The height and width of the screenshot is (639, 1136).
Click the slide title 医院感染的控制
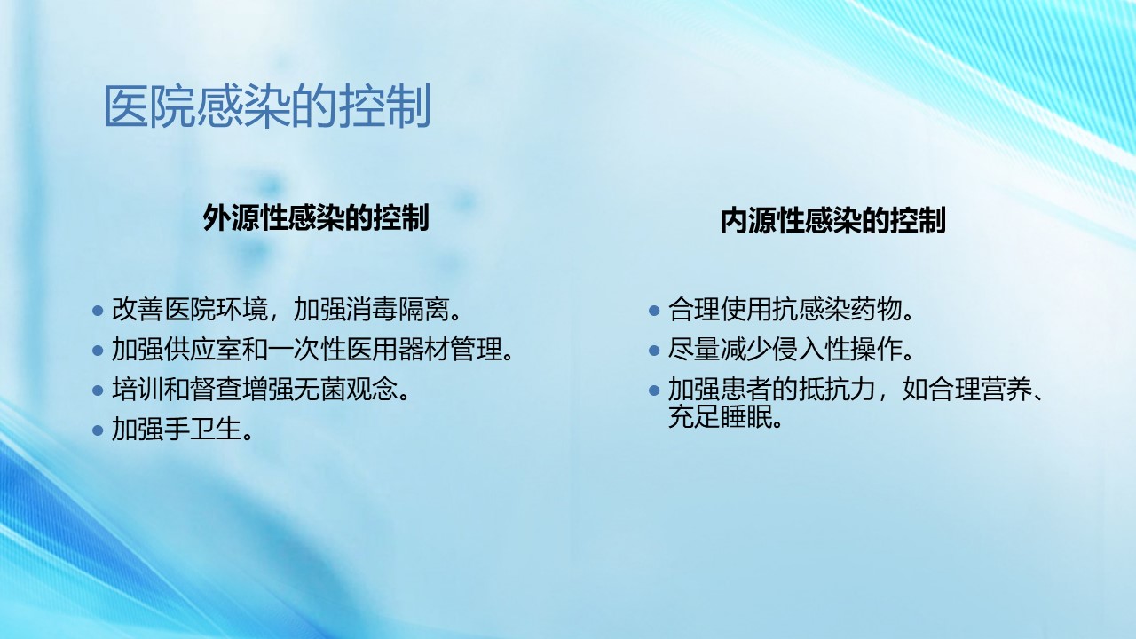267,106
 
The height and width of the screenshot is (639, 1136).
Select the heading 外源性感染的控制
316,217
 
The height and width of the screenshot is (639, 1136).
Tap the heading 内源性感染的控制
832,220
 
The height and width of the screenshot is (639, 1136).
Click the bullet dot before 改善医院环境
98,311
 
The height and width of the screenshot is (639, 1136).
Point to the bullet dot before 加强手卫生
98,430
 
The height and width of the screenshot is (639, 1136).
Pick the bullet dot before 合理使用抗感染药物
654,311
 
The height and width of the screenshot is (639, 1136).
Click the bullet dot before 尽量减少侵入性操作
654,351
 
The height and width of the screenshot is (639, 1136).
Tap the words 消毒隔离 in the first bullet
398,310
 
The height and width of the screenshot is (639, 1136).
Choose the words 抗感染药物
837,310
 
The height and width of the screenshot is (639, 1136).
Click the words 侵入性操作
837,350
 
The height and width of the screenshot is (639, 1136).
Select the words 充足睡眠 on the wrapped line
720,417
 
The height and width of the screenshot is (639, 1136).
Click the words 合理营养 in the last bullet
982,390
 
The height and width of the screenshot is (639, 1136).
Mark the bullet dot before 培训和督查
98,390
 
